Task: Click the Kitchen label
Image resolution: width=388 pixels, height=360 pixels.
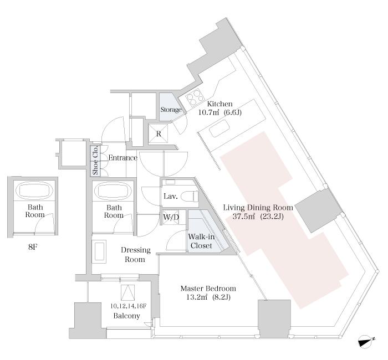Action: tap(220, 104)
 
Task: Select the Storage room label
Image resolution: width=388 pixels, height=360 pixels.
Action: tap(171, 110)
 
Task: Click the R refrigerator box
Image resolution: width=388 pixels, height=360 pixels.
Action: tap(159, 133)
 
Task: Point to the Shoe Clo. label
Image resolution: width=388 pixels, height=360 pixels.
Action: tap(95, 160)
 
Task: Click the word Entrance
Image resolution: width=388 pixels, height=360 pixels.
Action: tap(122, 158)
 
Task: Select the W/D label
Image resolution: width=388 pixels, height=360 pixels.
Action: tap(171, 217)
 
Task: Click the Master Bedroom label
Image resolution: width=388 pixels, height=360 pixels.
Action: tap(209, 289)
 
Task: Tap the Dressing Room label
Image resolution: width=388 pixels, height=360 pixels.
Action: tap(133, 254)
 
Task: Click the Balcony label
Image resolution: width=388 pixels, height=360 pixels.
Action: tap(126, 316)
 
